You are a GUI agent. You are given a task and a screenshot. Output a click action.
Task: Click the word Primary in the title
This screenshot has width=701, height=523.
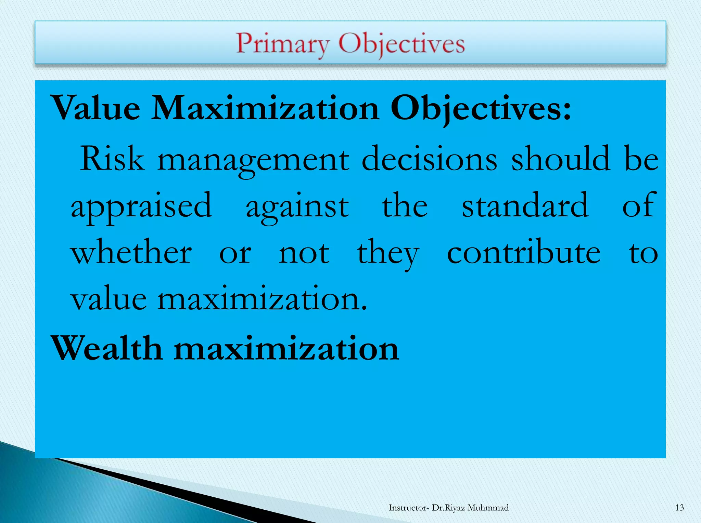pos(283,44)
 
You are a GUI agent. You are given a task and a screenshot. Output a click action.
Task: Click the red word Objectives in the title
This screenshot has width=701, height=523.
pos(402,44)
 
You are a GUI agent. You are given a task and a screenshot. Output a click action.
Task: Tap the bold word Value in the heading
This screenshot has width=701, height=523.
pos(95,108)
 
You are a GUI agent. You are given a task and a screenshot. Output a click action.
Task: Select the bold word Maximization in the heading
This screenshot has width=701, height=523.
pos(265,108)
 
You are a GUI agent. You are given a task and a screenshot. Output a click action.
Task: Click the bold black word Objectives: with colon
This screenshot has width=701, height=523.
pos(481,108)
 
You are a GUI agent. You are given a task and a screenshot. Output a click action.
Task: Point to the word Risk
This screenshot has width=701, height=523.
pos(112,159)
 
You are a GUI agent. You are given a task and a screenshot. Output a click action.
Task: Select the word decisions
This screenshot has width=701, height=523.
pos(429,159)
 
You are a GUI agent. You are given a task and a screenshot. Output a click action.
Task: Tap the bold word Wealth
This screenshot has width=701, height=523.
pos(106,348)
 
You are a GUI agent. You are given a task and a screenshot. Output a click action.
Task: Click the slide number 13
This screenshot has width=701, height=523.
pos(679,508)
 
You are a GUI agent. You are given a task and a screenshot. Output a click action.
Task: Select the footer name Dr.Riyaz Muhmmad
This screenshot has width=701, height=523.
pos(470,508)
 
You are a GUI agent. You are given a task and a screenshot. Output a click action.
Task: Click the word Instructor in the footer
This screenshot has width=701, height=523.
pos(407,508)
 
